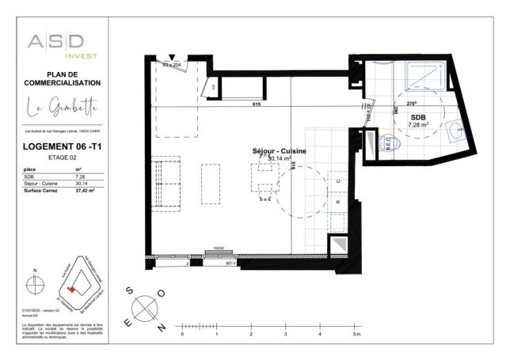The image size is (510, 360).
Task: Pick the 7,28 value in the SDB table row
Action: point(79,177)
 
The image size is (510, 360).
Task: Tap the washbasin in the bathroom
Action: point(455,131)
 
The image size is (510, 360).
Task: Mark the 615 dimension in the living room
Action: point(256,104)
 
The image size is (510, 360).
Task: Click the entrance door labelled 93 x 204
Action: point(172,66)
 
